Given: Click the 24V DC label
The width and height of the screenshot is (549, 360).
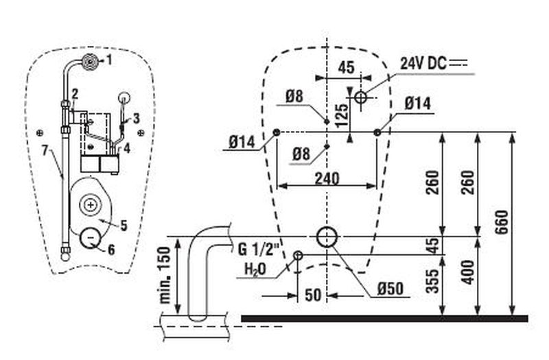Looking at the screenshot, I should click(x=423, y=63).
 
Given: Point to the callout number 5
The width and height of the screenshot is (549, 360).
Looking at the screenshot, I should click(x=124, y=224).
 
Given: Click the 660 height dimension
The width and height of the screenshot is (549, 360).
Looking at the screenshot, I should click(x=503, y=220).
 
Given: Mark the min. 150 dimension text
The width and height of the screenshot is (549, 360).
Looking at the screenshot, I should click(x=166, y=275).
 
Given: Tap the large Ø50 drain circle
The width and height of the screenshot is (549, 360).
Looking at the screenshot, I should click(x=327, y=237).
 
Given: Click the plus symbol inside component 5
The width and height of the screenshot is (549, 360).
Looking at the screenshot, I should click(x=90, y=204).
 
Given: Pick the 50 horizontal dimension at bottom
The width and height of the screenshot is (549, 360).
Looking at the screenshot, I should click(x=313, y=295).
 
